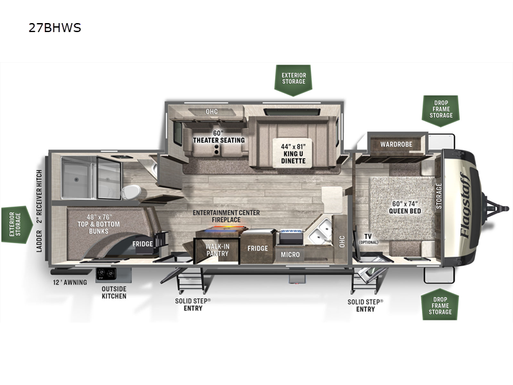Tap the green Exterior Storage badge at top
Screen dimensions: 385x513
pos(294,79)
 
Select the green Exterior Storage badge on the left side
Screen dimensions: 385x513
pos(16,225)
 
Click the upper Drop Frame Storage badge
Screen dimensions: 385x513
pos(441,110)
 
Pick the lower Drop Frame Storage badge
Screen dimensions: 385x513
pos(441,304)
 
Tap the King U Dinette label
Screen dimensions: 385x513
pos(293,153)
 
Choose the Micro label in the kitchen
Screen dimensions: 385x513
pos(291,255)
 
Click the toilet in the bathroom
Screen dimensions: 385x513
pos(132,192)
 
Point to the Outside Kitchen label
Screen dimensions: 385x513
pos(114,293)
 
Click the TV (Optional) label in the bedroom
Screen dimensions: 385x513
pos(368,239)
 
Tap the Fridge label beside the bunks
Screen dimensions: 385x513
pos(142,244)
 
